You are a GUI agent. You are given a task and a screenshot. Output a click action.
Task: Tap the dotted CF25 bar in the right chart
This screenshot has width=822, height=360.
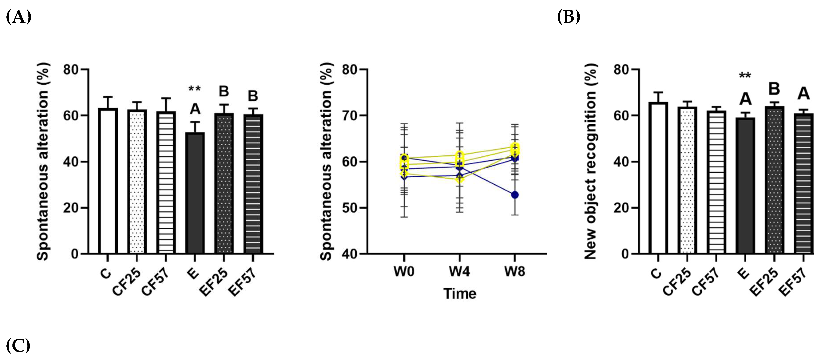click(x=687, y=180)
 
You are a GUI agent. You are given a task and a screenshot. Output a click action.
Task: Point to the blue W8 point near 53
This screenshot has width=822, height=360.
click(x=515, y=195)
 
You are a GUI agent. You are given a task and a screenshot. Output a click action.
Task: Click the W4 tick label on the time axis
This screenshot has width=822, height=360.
click(x=459, y=272)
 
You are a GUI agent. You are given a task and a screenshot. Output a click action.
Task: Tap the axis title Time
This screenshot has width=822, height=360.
click(x=460, y=294)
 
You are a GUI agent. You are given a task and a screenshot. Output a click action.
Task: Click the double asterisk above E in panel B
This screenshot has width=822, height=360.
click(x=745, y=76)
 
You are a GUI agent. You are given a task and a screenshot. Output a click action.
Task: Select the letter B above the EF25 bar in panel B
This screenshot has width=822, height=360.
click(x=774, y=89)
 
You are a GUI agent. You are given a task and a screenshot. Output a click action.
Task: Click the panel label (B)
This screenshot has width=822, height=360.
click(x=568, y=17)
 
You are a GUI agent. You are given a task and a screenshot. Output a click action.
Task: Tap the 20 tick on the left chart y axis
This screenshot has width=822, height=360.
click(x=71, y=208)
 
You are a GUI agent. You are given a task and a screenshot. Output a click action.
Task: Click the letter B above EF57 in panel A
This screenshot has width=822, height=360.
click(x=253, y=96)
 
